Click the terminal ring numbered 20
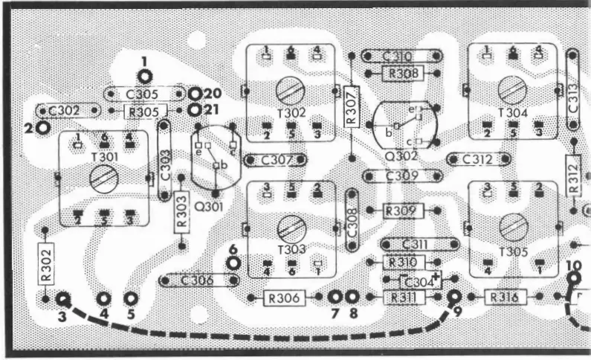point(195,94)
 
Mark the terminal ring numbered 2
point(43,127)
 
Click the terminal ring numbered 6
point(233,263)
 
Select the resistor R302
point(45,263)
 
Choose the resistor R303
point(181,213)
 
